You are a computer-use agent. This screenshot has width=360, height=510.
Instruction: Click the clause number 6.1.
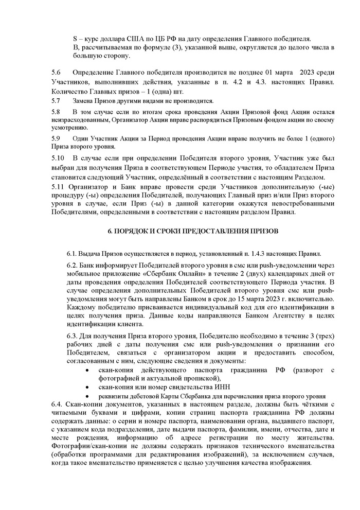[71, 254]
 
